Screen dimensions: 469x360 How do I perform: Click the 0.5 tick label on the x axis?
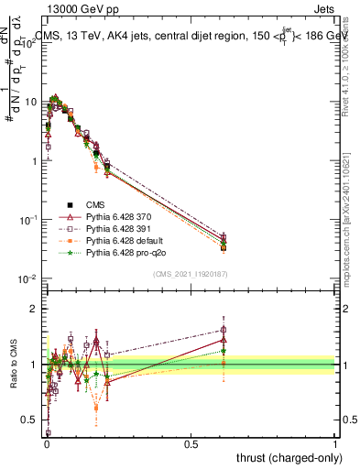191,443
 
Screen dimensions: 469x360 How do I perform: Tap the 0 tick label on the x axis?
46,443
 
